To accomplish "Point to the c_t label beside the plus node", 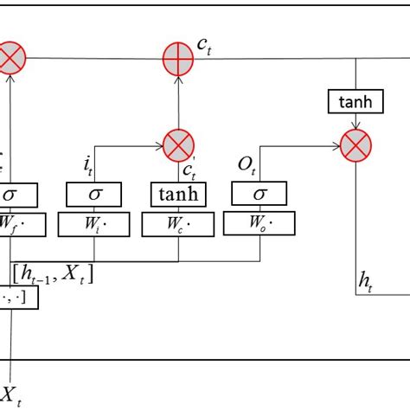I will click(204, 48).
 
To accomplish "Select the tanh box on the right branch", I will click(355, 102).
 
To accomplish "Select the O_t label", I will click(244, 163).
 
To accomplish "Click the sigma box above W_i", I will click(93, 195).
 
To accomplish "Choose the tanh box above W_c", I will click(178, 195).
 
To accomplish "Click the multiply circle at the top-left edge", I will click(11, 59).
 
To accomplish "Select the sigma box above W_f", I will click(18, 195).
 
